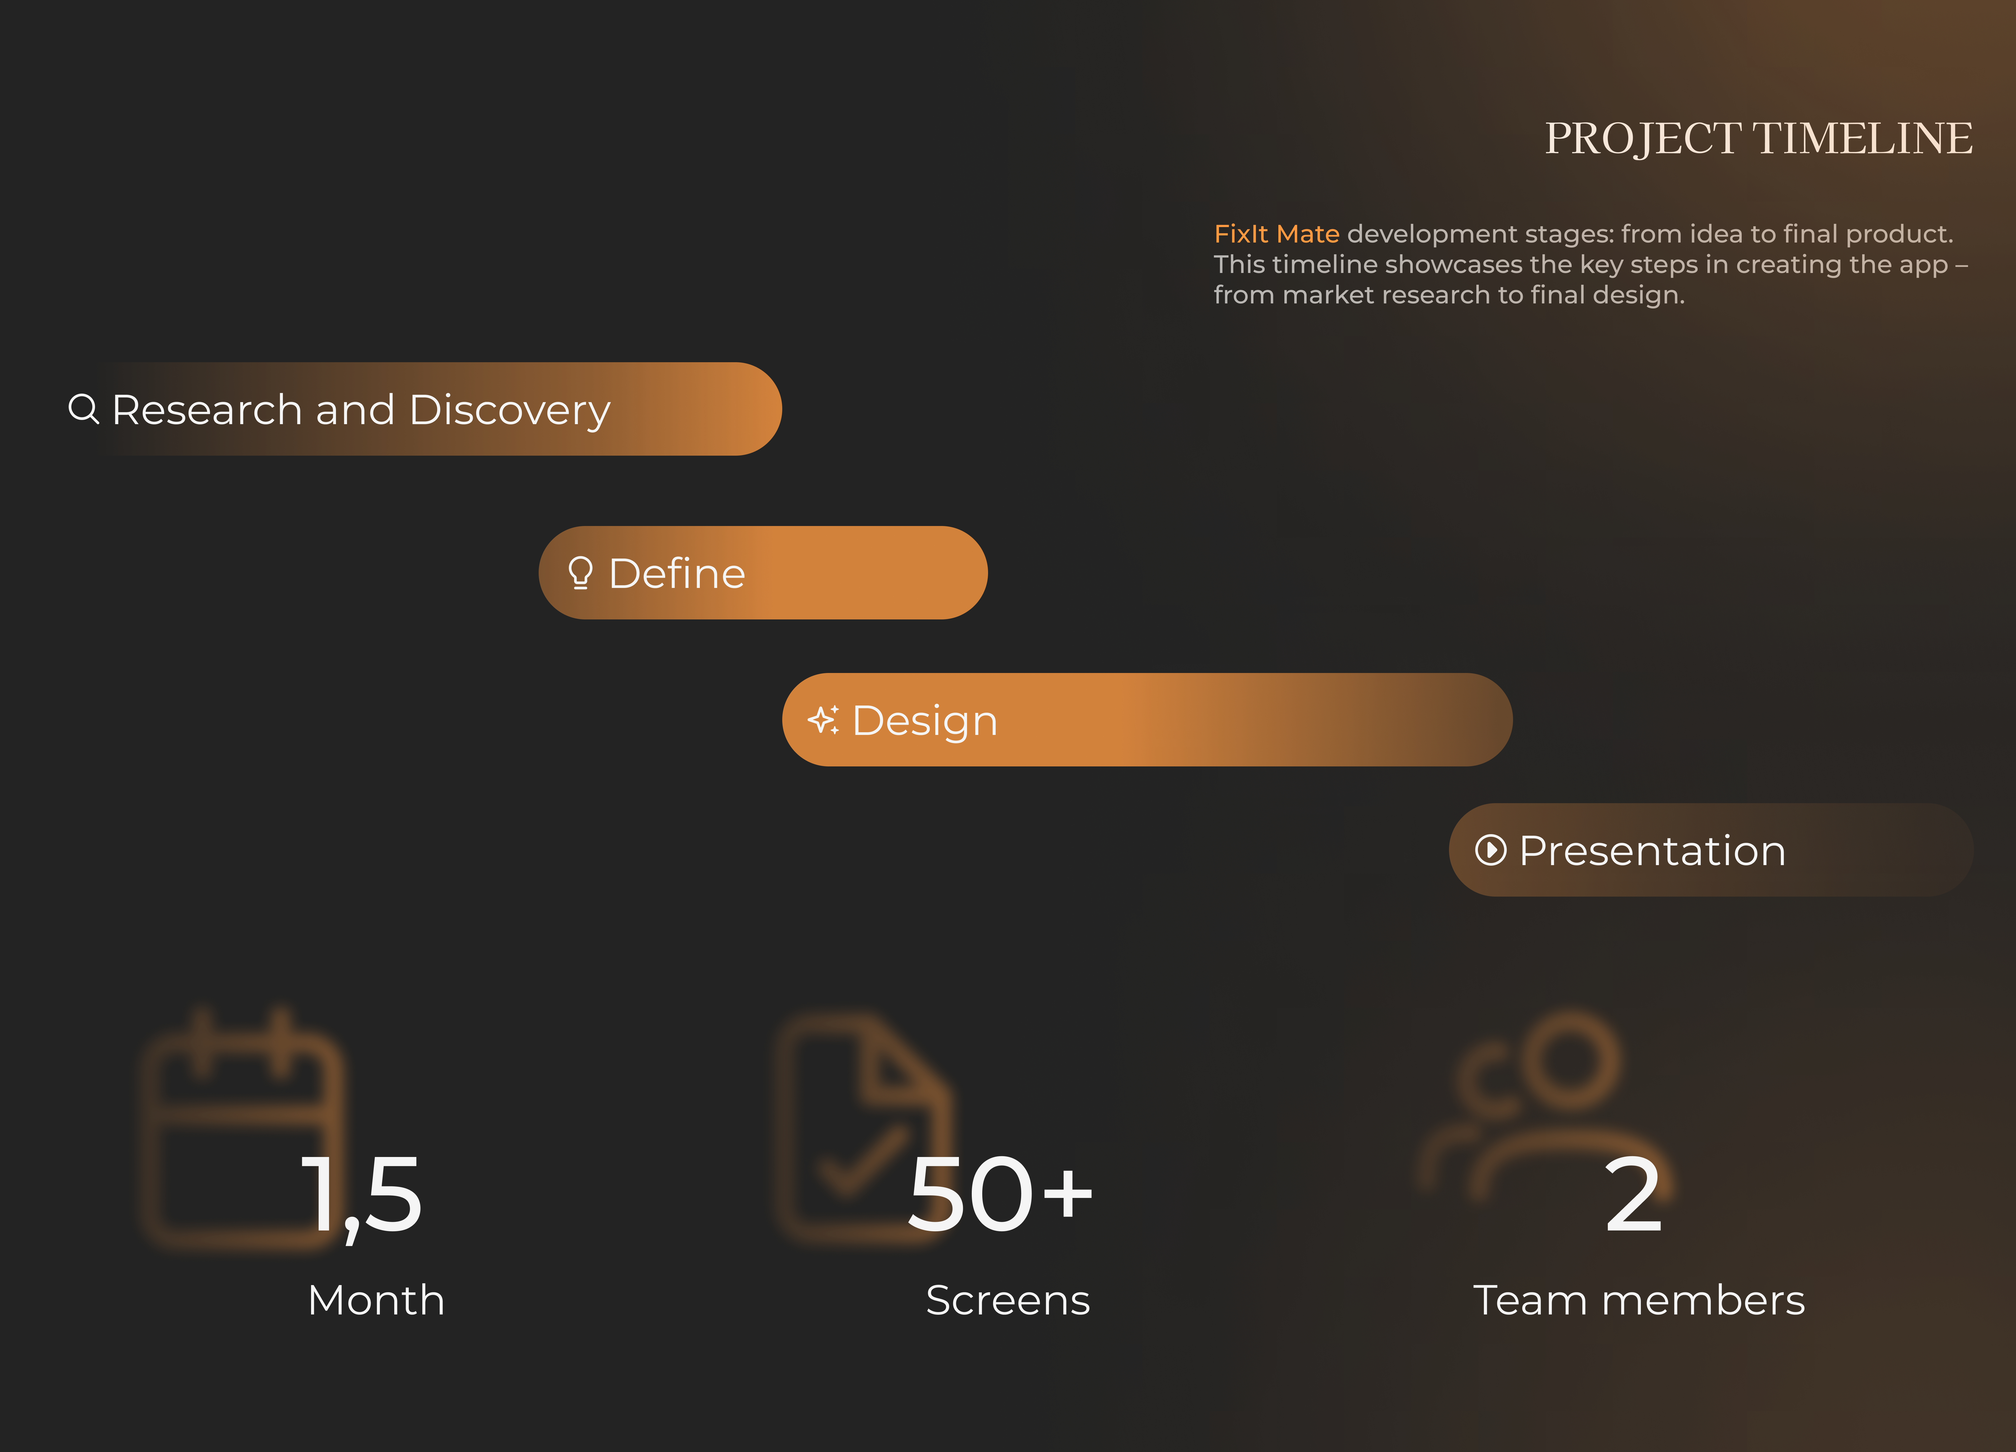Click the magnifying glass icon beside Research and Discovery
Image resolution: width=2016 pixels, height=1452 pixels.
(83, 409)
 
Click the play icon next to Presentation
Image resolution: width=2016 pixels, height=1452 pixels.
(1491, 850)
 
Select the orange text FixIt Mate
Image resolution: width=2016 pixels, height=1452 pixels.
(1277, 234)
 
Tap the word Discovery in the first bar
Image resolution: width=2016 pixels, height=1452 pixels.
(510, 411)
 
